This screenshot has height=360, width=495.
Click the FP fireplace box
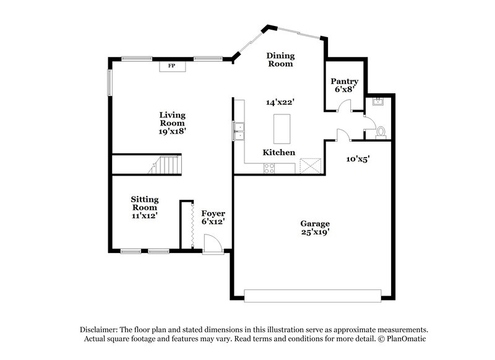[x=172, y=66]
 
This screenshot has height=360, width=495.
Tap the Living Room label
[x=172, y=119]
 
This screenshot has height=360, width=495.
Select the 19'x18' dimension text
[x=172, y=131]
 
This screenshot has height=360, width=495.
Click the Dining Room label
[x=280, y=59]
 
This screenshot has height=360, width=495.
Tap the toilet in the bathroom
[x=381, y=131]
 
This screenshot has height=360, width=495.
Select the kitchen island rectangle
[x=282, y=129]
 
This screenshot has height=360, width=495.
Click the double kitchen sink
[x=239, y=131]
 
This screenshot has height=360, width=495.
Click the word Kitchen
[x=279, y=152]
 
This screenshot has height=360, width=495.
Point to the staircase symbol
[x=164, y=165]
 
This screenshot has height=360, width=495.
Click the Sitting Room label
[x=144, y=204]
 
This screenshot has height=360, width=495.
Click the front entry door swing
[x=212, y=246]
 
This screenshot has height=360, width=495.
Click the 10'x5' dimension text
[x=357, y=159]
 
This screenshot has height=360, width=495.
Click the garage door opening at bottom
[x=313, y=295]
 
